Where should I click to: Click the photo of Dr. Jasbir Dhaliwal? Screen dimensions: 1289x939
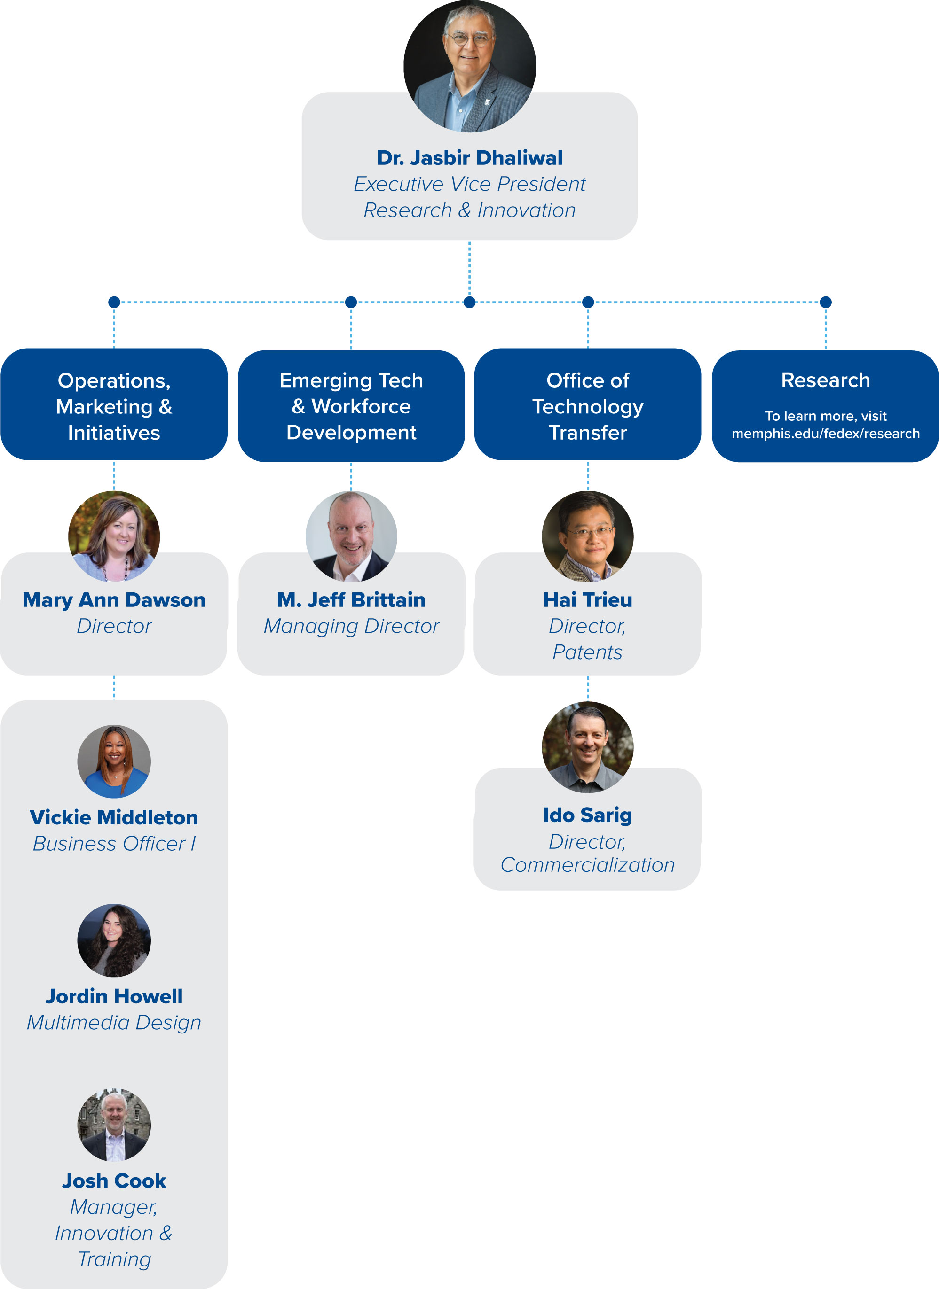pyautogui.click(x=469, y=67)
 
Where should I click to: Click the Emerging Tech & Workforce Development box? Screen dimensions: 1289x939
pyautogui.click(x=351, y=405)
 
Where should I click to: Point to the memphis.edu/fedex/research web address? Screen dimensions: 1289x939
pyautogui.click(x=825, y=434)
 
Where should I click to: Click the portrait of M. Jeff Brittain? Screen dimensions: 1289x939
pyautogui.click(x=351, y=536)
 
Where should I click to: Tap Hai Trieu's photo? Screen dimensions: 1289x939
pyautogui.click(x=587, y=536)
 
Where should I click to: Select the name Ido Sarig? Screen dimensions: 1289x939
pyautogui.click(x=587, y=815)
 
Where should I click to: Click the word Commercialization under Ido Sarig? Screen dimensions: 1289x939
pyautogui.click(x=587, y=865)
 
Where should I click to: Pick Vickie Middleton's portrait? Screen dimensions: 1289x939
pyautogui.click(x=114, y=761)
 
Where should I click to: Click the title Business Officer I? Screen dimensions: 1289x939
pyautogui.click(x=114, y=843)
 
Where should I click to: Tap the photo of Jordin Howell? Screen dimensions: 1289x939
pyautogui.click(x=114, y=940)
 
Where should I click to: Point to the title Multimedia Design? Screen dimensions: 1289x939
pyautogui.click(x=114, y=1023)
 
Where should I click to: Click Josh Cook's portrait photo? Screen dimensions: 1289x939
pyautogui.click(x=114, y=1125)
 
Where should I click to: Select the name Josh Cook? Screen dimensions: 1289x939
pyautogui.click(x=114, y=1180)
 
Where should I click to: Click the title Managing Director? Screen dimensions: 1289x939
pyautogui.click(x=351, y=626)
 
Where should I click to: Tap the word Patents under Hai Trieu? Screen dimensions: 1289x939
pyautogui.click(x=587, y=652)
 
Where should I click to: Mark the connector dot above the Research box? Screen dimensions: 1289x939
pyautogui.click(x=826, y=302)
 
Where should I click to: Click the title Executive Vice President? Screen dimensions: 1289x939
pyautogui.click(x=469, y=184)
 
